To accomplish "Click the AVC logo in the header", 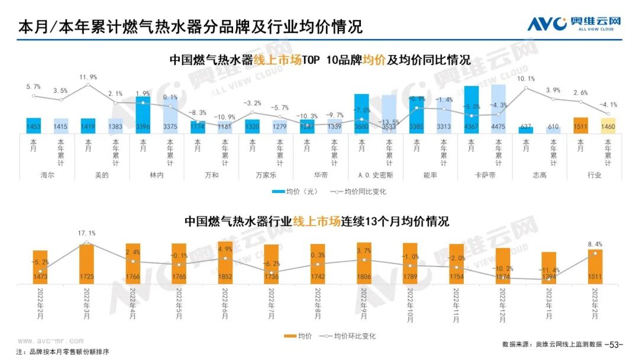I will point(574,24).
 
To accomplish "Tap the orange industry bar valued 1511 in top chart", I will point(581,125).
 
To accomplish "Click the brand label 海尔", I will point(33,175).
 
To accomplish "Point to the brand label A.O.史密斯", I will point(375,175).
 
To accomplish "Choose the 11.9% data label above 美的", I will point(88,77).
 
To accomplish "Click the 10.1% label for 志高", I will point(526,79).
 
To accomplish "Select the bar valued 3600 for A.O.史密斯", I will point(362,113).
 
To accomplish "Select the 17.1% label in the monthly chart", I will point(86,233).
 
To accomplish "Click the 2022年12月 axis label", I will point(503,300).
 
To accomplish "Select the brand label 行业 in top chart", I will point(595,175).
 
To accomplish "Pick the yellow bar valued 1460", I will point(608,125).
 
